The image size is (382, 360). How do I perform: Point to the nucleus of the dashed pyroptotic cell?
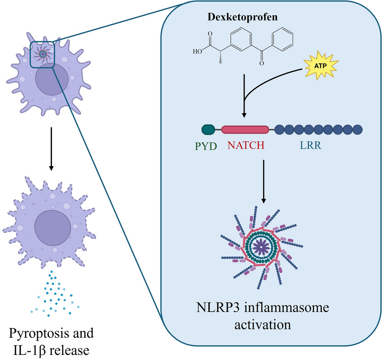(53, 228)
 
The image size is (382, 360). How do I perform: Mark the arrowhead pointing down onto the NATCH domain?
(244, 115)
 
